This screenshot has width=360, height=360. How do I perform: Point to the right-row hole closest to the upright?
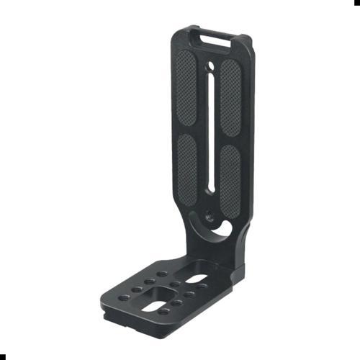(x=203, y=286)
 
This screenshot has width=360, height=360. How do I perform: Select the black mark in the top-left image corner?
(x=2, y=2)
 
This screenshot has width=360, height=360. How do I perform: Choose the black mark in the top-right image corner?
(x=357, y=2)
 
